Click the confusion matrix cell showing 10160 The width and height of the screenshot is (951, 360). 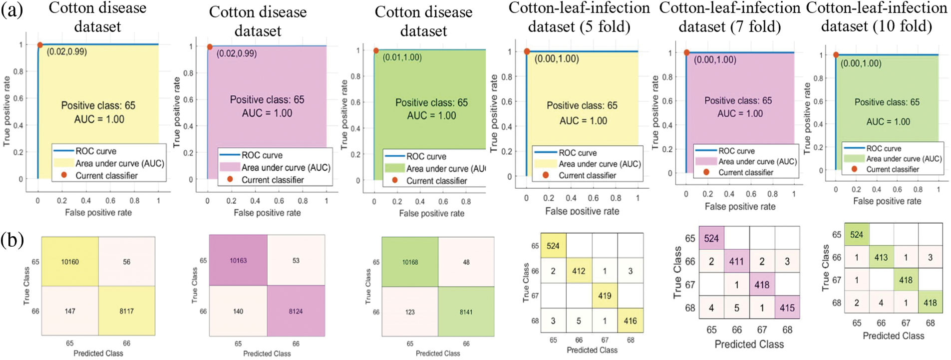[70, 262]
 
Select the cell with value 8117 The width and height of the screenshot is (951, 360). [126, 311]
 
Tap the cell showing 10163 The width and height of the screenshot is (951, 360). [238, 260]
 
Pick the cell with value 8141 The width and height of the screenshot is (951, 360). [466, 312]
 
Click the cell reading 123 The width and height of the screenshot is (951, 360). [410, 312]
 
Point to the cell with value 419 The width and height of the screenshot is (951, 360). [605, 296]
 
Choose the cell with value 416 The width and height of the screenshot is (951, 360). [630, 321]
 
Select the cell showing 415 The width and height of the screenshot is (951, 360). [787, 308]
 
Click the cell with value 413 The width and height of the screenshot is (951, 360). [881, 258]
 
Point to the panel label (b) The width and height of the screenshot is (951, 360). [12, 240]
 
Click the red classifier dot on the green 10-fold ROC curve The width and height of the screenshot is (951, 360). [836, 55]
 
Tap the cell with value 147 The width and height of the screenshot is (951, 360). [70, 311]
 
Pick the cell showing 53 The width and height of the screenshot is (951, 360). [296, 260]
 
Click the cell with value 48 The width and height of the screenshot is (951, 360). [466, 262]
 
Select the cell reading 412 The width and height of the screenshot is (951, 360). [579, 271]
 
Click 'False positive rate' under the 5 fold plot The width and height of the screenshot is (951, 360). [582, 211]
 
